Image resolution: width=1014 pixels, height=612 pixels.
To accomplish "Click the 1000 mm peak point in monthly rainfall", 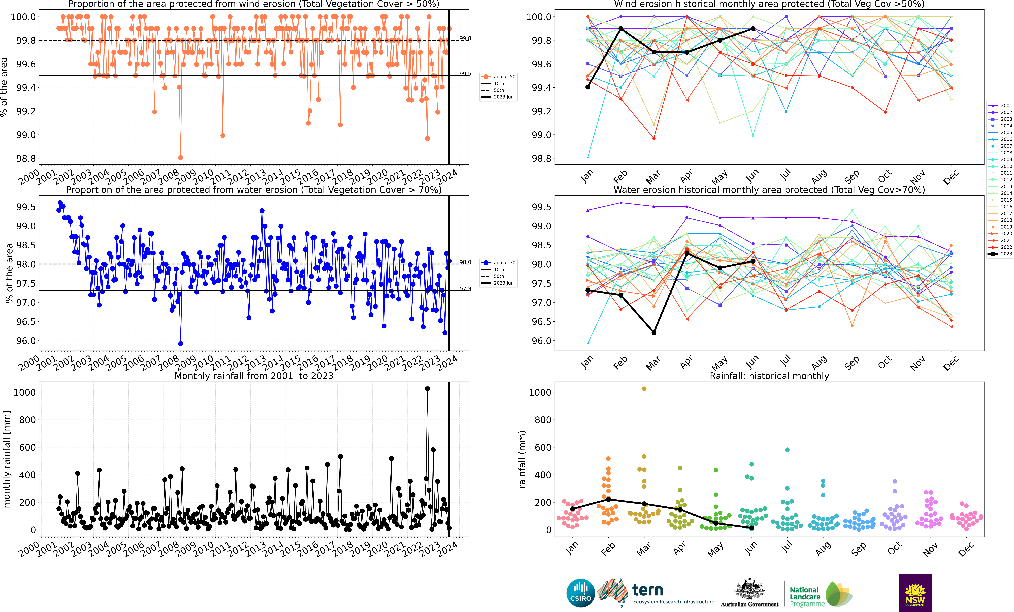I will (427, 389).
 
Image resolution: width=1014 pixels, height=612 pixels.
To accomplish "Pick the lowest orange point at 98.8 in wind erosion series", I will (180, 158).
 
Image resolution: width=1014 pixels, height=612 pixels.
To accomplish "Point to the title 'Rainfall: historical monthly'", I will (769, 376).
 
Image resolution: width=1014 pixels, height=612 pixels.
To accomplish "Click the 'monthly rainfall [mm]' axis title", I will (7, 459).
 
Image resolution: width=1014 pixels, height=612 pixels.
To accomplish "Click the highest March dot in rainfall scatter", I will (644, 389).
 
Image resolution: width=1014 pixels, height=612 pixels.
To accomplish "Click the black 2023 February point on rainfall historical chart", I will (608, 500).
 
